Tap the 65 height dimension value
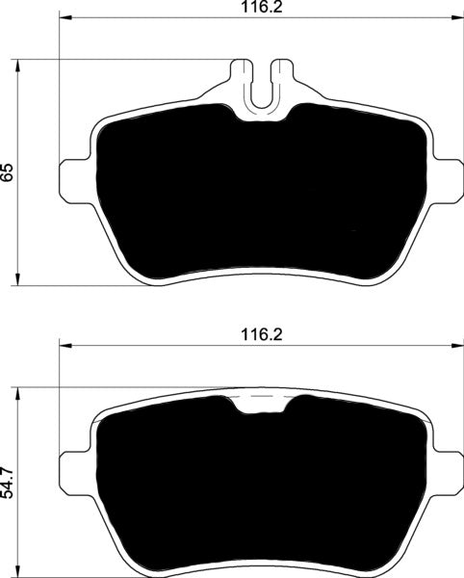pos(9,172)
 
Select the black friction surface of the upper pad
pos(259,193)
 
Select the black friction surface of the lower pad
pos(259,482)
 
